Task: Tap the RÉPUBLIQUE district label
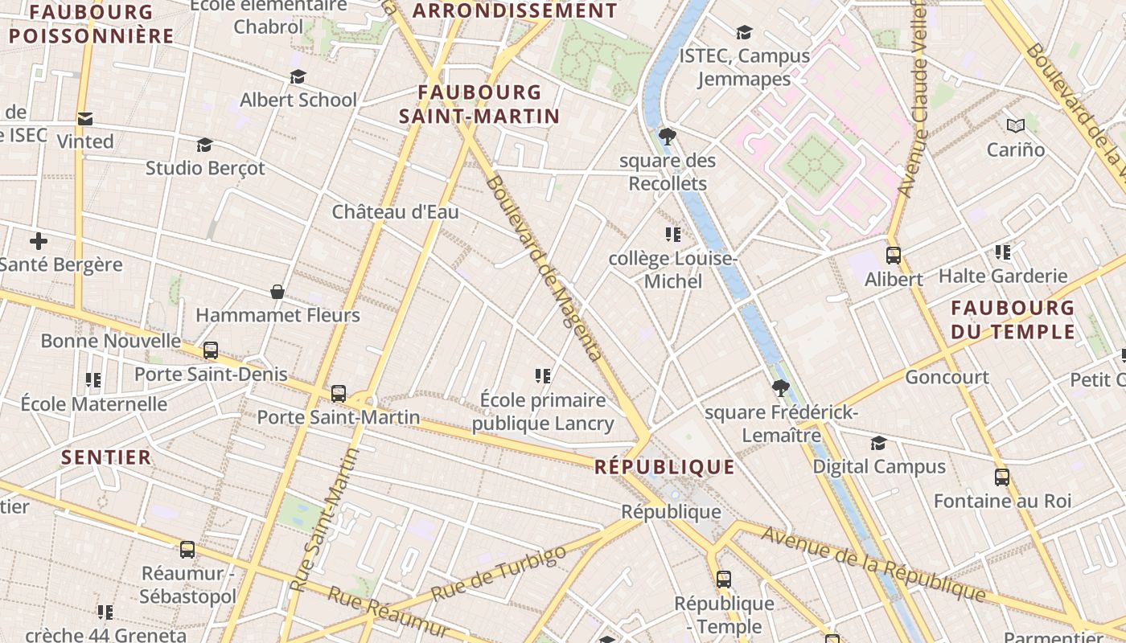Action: pos(664,467)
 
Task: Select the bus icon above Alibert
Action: pos(893,256)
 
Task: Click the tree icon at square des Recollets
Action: pos(667,136)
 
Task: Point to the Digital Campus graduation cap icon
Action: pos(878,444)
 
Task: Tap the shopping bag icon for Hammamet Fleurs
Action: pos(277,292)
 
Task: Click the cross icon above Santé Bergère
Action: pos(39,241)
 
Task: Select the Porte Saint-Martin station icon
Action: pos(339,394)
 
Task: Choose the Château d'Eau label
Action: pos(395,212)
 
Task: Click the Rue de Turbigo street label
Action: pos(499,574)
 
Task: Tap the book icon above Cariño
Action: pos(1016,125)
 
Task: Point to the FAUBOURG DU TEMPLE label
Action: pos(1013,319)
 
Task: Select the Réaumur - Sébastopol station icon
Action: pos(187,550)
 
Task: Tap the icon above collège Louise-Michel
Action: pos(673,235)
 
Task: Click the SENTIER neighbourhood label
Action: pos(106,457)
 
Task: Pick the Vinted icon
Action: pos(84,119)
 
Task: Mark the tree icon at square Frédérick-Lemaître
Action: pos(779,388)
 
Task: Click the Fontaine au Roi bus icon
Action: pos(1002,477)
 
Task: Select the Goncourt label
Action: pos(947,377)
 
